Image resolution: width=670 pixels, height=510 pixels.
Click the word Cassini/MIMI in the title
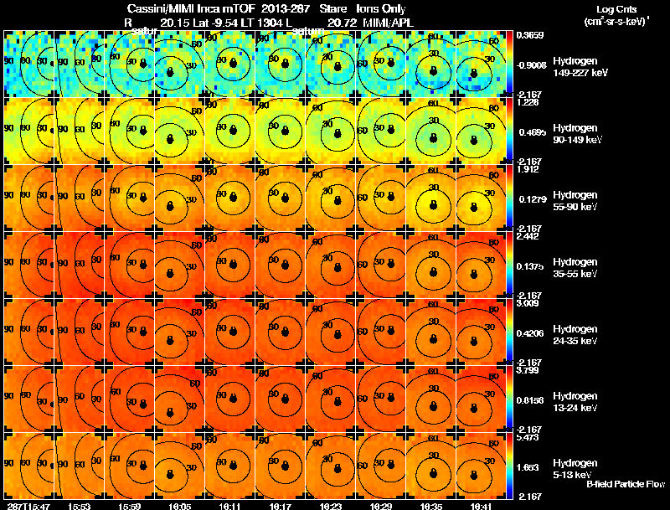point(174,8)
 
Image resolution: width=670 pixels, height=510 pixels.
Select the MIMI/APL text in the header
point(389,23)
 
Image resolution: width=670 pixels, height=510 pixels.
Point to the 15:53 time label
point(80,506)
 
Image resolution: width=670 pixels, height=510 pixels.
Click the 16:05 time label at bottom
point(180,506)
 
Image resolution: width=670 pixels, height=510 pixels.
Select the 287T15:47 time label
point(27,506)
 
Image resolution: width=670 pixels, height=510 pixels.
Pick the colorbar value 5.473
point(528,437)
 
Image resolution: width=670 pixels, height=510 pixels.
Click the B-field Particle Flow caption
point(625,484)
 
